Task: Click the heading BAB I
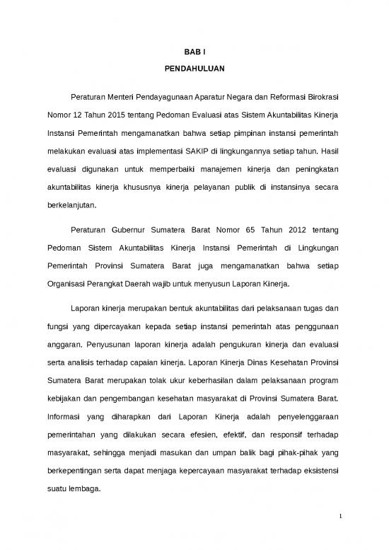(194, 52)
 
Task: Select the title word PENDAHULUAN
(194, 71)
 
